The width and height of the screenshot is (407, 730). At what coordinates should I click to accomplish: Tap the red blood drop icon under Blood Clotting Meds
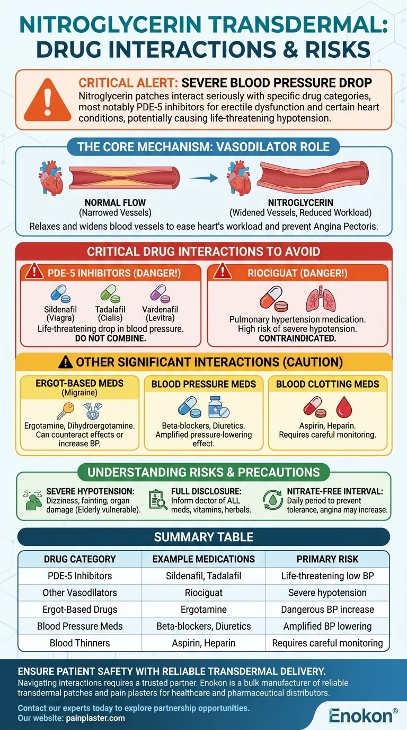(x=345, y=407)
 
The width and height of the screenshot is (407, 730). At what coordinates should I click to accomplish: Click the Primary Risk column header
(x=327, y=559)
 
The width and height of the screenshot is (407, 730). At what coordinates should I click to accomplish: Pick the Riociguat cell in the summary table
(x=203, y=593)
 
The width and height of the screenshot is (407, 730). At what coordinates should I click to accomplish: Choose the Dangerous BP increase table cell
(x=327, y=610)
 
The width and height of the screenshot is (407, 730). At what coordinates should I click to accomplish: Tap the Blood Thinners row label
(x=80, y=643)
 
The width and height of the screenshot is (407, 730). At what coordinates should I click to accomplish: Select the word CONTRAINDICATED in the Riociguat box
(x=297, y=338)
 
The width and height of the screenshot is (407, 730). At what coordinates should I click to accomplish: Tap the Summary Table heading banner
(x=203, y=537)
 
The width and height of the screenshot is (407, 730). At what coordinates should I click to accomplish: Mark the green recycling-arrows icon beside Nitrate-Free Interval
(x=273, y=500)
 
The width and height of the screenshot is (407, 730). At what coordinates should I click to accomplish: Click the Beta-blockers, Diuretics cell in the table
(x=203, y=626)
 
